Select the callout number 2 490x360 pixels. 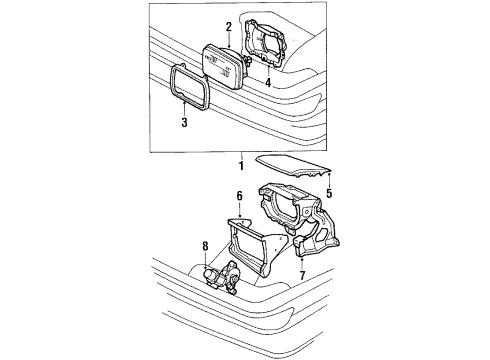click(229, 26)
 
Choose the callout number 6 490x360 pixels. click(240, 200)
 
